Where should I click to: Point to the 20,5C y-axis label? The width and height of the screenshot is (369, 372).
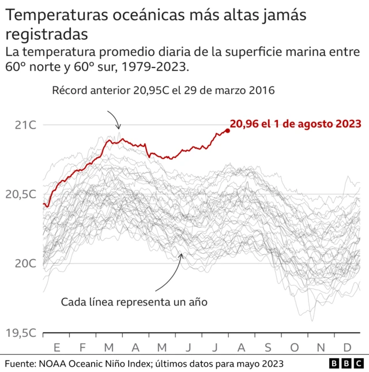21,194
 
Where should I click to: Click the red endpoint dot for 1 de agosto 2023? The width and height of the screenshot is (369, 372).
228,131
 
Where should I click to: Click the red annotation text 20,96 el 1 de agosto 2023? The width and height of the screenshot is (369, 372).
296,123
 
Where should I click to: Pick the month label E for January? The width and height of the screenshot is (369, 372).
57,347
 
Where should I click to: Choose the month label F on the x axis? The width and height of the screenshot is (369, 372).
83,347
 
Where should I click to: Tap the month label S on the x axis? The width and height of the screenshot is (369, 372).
268,347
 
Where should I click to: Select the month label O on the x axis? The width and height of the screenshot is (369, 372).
295,347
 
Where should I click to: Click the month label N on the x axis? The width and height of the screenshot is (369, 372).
321,347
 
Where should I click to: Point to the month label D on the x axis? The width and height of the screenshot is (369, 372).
347,347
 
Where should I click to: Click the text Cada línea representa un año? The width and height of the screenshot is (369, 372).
133,302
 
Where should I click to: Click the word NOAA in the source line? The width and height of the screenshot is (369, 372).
56,364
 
